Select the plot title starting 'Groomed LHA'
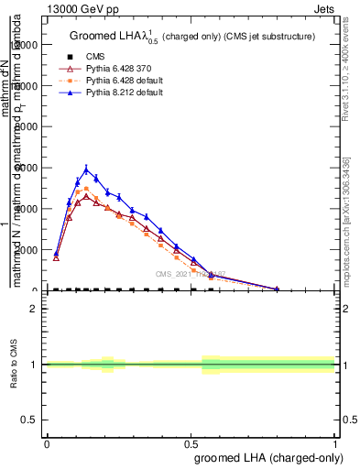[x=192, y=36]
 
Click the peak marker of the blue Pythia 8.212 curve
[x=86, y=169]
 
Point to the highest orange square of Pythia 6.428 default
[x=86, y=190]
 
